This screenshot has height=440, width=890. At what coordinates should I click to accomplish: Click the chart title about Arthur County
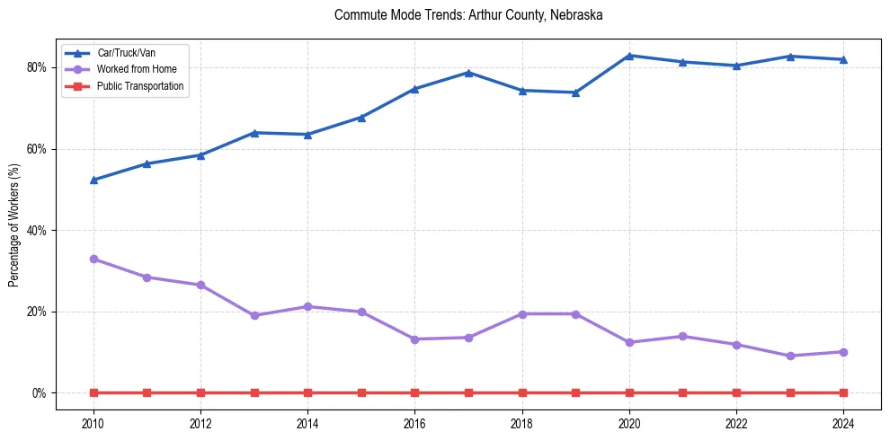467,15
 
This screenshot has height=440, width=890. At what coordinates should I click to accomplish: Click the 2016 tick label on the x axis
414,422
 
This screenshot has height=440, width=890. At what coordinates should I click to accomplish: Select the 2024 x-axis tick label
843,422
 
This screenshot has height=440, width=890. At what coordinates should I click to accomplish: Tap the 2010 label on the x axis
93,422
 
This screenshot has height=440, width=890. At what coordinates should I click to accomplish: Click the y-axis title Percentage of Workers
13,224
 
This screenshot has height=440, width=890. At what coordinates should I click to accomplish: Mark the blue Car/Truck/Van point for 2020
629,56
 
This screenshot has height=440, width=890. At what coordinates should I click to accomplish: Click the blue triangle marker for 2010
93,180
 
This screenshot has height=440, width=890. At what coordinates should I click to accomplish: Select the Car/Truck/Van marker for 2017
468,73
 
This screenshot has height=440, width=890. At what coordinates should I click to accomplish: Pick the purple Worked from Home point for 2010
93,259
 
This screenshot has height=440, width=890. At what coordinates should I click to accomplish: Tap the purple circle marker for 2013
254,315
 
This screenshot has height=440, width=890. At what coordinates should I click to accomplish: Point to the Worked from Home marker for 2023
790,356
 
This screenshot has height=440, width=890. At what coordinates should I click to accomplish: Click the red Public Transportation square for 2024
843,392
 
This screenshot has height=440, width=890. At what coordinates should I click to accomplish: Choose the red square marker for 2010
93,392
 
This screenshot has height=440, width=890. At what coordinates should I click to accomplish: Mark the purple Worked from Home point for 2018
522,313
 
